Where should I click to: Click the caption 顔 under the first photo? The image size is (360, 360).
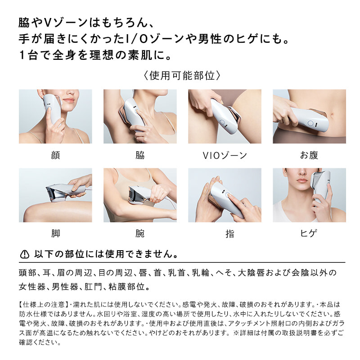click(55, 155)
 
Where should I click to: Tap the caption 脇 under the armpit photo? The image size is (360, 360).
click(140, 155)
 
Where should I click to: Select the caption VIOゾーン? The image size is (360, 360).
click(225, 155)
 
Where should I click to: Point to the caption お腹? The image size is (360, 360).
click(309, 155)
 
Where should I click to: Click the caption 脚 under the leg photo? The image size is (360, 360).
click(55, 234)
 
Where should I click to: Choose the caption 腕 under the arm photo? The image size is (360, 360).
click(140, 234)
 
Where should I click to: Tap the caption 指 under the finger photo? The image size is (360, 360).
click(229, 234)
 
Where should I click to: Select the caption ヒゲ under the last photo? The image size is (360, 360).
click(309, 234)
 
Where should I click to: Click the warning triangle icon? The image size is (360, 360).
click(25, 254)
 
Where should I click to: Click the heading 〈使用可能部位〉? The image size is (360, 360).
click(182, 76)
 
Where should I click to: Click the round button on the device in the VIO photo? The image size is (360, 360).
click(222, 122)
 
